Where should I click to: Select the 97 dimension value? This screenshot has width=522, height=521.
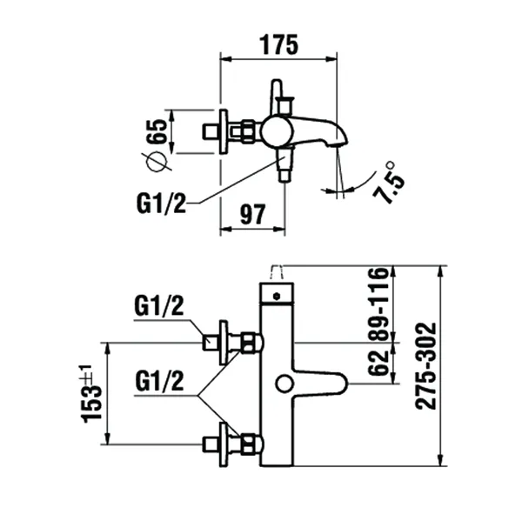252,212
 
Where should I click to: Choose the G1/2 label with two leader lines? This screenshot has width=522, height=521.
160,382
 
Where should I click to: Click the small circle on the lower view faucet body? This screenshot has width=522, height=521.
283,384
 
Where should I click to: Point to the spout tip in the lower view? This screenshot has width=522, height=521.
342,383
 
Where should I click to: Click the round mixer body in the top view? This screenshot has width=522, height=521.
278,131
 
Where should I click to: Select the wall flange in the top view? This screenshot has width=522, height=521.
224,131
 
